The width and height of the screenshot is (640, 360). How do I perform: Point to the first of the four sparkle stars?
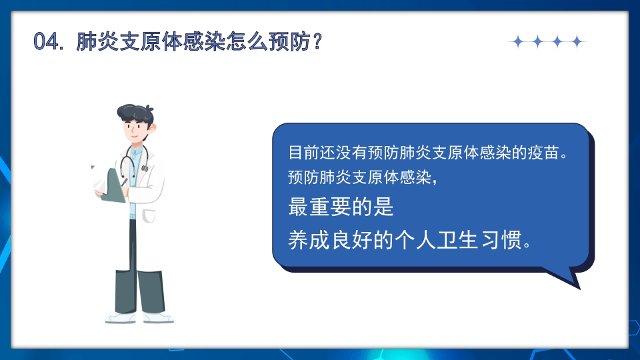point(517,42)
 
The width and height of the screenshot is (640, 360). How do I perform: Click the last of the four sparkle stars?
point(577,42)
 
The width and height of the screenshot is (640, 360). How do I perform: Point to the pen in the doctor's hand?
point(125,180)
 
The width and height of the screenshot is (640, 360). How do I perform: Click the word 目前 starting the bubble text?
point(299,153)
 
